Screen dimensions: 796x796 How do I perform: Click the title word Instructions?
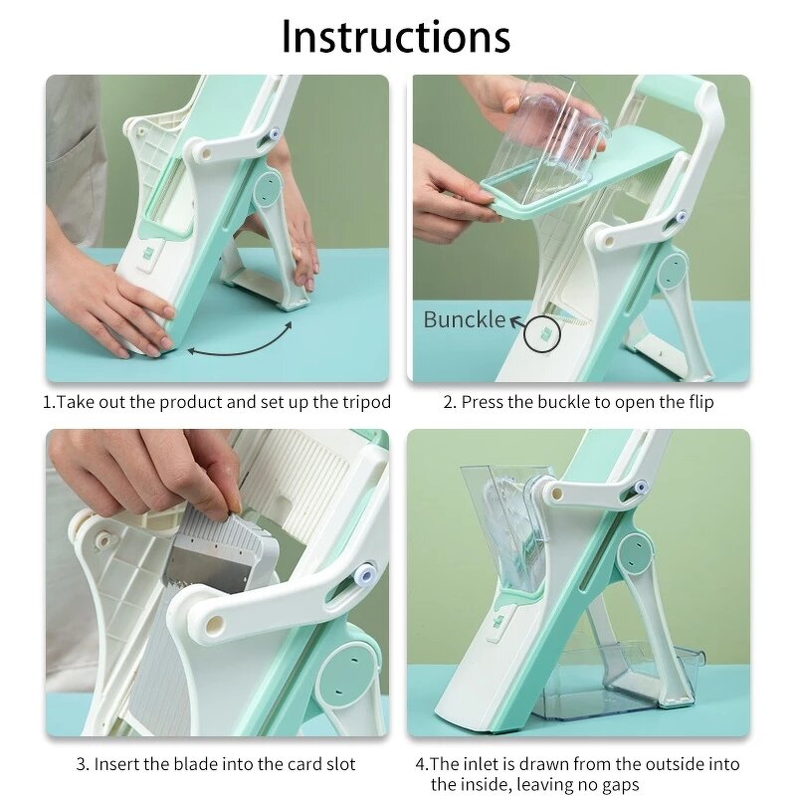[396, 37]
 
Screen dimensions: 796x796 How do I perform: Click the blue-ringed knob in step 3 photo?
[366, 573]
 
